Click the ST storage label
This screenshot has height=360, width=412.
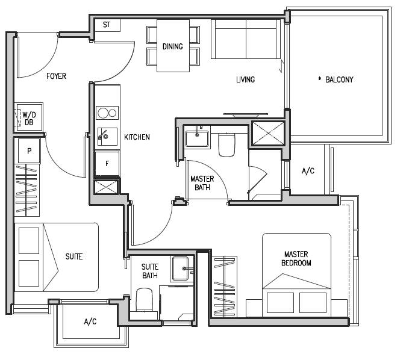point(107,25)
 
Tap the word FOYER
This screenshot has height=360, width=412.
point(56,76)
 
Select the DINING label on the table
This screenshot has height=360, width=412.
point(173,46)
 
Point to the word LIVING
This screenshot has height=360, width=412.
point(245,79)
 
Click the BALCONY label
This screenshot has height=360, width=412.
point(339,79)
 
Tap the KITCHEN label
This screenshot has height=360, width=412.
point(137,137)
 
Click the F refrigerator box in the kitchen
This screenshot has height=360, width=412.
point(107,164)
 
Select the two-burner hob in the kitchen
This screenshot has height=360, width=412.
point(107,113)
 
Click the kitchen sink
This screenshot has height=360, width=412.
point(107,136)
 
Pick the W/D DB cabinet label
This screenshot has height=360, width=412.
point(29,119)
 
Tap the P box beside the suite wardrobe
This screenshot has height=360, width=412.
point(29,151)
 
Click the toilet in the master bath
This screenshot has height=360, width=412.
point(226,145)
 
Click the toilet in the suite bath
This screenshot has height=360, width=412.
point(144,300)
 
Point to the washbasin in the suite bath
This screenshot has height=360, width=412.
point(180,268)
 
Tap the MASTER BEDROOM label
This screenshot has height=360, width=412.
point(296,258)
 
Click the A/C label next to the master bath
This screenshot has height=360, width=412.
point(308,171)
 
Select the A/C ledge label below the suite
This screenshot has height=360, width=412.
point(90,321)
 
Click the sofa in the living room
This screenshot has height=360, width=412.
point(246,39)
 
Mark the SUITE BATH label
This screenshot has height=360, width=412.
point(150,271)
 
